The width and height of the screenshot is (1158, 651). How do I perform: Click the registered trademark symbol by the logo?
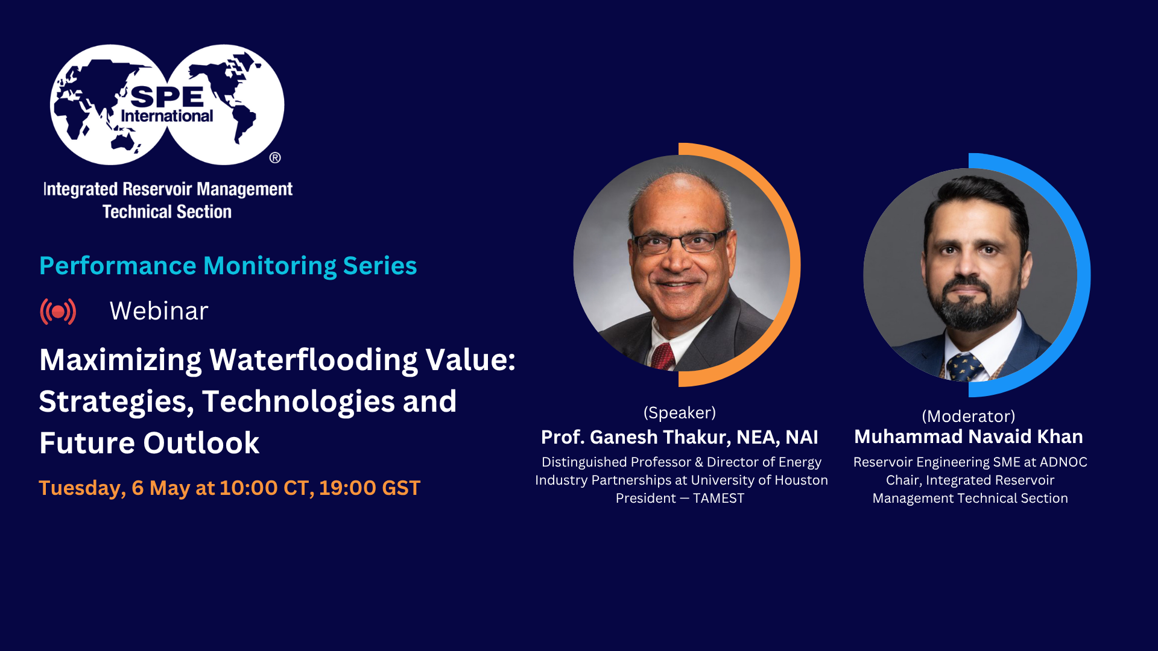click(275, 158)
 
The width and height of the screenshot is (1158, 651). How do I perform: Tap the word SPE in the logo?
click(167, 96)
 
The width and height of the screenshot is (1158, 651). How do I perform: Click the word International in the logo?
click(167, 116)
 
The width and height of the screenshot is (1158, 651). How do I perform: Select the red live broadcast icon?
click(58, 312)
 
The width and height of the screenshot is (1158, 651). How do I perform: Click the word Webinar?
click(159, 311)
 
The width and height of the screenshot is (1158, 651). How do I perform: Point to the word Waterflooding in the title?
click(313, 360)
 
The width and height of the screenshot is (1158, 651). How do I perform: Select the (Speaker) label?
click(680, 413)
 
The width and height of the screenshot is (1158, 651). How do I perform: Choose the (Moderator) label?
click(969, 417)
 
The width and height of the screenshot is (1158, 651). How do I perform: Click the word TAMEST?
click(718, 498)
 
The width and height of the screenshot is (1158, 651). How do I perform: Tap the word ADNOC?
click(1063, 462)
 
